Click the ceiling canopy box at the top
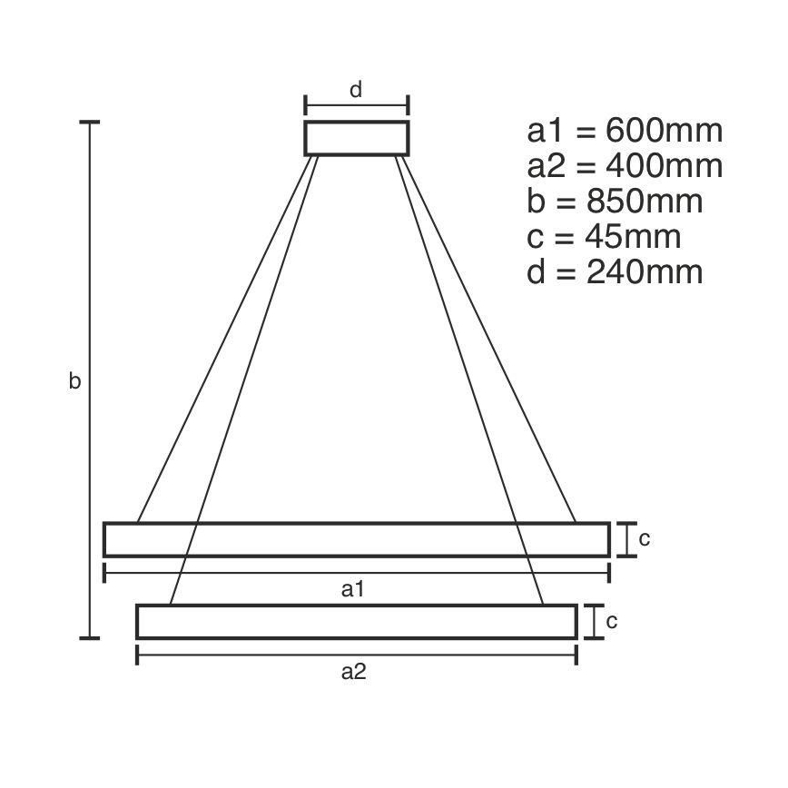pos(356,137)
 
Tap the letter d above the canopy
pos(356,89)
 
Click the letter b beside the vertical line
pos(74,382)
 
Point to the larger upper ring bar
pos(356,539)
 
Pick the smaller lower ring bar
pos(356,622)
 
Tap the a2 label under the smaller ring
pos(354,672)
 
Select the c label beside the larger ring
pos(644,538)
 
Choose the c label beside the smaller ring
pos(612,621)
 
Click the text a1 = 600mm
pos(625,131)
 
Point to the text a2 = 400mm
pos(625,166)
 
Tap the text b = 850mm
pos(615,202)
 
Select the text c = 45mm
pos(604,237)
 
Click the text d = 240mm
pos(615,272)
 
